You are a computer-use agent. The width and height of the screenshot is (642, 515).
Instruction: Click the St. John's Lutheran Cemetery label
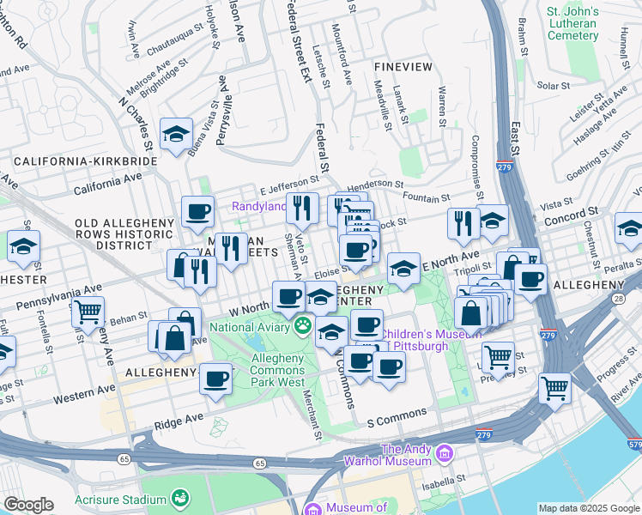click(572, 24)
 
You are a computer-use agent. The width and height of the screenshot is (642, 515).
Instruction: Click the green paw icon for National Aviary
click(302, 325)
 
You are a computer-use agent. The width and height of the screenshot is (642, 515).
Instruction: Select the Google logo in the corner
click(28, 505)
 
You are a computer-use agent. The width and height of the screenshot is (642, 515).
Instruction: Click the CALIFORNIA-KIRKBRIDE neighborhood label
click(84, 161)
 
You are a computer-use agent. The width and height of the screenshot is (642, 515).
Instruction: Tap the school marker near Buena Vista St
click(176, 134)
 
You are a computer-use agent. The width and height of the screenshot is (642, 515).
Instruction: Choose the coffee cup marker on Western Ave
click(216, 377)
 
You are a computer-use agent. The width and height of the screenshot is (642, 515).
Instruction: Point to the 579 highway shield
click(633, 444)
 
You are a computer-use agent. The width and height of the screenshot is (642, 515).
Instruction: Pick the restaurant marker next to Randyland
click(302, 207)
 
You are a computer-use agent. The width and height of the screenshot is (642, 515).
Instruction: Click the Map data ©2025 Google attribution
click(588, 508)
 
